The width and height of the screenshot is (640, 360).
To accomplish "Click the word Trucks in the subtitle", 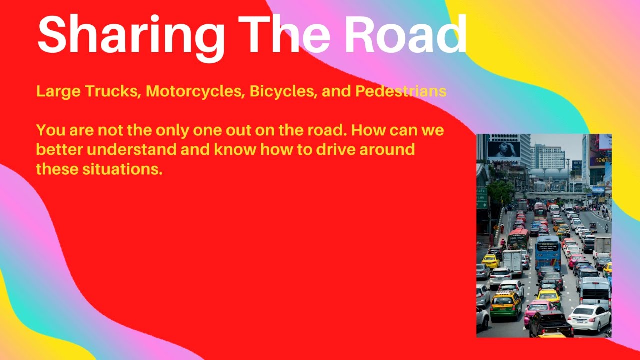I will (112, 92).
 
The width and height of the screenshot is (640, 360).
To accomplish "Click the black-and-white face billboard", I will (504, 149).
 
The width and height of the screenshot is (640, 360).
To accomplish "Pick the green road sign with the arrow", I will (481, 198).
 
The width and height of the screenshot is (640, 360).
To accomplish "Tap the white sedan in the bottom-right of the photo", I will (589, 317).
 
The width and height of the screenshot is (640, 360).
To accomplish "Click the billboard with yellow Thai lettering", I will (599, 160).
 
